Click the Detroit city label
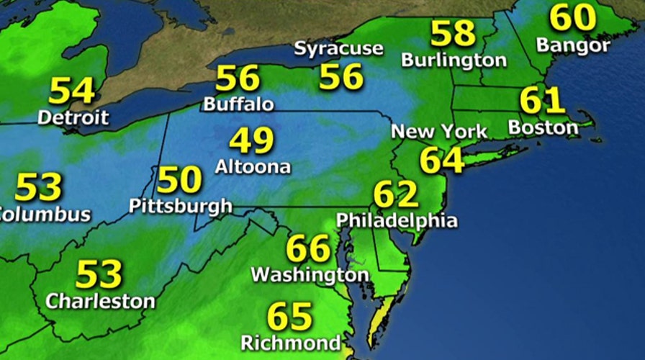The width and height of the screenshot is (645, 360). click(73, 117)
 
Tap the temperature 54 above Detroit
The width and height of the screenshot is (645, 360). click(72, 91)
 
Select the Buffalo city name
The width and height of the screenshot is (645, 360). click(238, 104)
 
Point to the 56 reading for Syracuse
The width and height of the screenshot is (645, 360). click(341, 76)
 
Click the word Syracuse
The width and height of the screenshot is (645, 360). click(339, 50)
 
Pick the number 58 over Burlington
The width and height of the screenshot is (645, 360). click(454, 33)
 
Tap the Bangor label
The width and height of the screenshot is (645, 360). click(574, 45)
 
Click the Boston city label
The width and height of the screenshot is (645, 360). click(543, 128)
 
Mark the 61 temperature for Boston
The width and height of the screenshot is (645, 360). click(542, 102)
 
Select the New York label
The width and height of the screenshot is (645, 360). click(439, 132)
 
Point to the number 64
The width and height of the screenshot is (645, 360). click(442, 160)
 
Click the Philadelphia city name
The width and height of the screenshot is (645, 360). click(397, 220)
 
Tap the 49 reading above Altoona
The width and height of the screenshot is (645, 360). click(252, 140)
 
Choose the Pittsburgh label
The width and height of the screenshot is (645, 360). click(181, 206)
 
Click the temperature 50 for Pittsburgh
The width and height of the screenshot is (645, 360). click(179, 179)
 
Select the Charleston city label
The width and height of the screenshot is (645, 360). click(100, 301)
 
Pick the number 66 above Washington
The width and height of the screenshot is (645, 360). click(308, 249)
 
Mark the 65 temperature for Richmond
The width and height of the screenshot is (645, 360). click(290, 317)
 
